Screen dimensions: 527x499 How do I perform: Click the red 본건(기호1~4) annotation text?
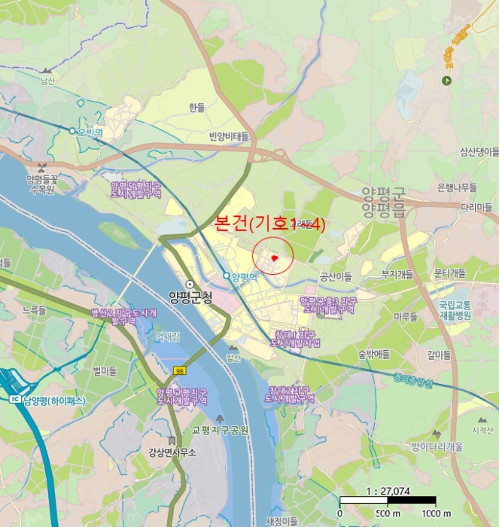269,224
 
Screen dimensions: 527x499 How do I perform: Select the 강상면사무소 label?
172,452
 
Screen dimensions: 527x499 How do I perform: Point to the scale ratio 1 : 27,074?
388,491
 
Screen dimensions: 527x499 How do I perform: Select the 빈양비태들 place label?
229,136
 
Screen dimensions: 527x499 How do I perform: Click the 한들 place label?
197,108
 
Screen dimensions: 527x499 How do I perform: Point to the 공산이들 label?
335,276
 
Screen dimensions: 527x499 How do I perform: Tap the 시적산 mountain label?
481,430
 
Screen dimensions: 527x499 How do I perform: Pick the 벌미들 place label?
105,370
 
